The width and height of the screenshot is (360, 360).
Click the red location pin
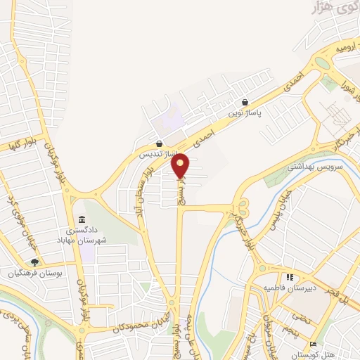(181, 165)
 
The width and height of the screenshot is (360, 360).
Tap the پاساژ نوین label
(244, 112)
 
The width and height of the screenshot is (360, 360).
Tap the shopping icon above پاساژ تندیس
(161, 143)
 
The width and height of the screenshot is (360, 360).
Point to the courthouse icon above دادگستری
(83, 219)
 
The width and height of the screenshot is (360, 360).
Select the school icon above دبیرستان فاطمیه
(289, 277)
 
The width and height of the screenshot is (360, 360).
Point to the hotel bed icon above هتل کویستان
(313, 344)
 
